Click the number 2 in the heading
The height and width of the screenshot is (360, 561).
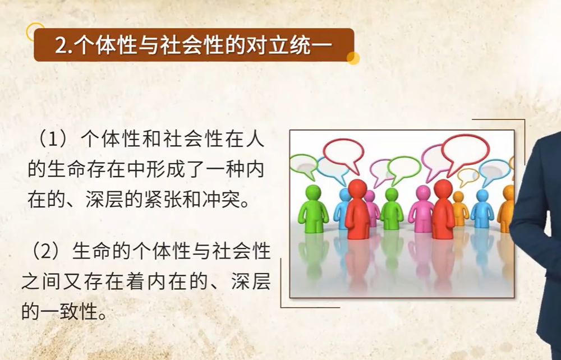61,46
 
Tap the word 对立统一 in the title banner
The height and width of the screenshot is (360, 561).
290,45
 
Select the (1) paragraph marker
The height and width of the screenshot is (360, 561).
53,139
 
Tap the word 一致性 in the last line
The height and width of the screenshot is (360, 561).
68,312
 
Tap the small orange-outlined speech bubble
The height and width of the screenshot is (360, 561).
468,176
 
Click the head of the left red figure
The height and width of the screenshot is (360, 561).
357,188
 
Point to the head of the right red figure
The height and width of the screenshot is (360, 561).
443,188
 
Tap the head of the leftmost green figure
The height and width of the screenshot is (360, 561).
314,193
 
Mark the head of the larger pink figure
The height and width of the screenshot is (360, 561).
423,193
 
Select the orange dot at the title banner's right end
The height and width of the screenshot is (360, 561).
353,58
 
